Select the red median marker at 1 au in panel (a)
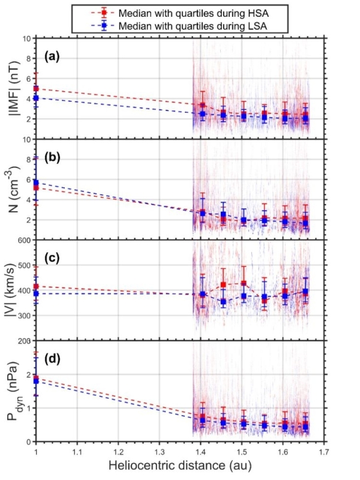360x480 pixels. tap(36, 88)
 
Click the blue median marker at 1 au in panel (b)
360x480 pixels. tap(36, 182)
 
